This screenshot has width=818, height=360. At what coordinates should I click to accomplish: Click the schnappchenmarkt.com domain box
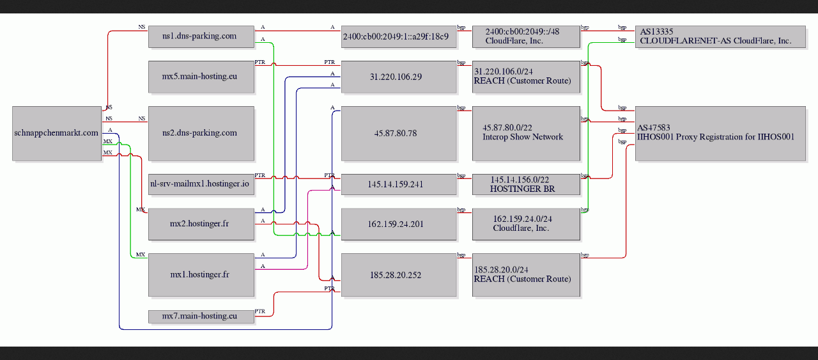[x=57, y=134]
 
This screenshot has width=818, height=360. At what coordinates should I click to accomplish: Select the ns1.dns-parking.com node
[x=201, y=36]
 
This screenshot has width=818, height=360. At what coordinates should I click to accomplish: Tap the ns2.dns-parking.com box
[x=201, y=134]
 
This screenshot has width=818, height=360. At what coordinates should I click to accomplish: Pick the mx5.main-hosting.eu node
[x=201, y=77]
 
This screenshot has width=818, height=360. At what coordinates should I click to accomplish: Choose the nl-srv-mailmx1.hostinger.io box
[x=201, y=184]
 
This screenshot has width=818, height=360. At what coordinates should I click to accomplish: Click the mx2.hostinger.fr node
[x=201, y=224]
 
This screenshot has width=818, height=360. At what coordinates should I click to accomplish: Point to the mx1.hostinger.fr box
[x=201, y=275]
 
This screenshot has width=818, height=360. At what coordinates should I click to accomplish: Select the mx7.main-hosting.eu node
[x=201, y=317]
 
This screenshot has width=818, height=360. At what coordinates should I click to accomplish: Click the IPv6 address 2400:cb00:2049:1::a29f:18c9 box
[x=399, y=36]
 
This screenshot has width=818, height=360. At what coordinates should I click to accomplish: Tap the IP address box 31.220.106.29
[x=399, y=77]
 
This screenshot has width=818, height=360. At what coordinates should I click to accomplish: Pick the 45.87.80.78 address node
[x=399, y=134]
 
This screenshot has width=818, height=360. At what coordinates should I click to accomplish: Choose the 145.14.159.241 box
[x=399, y=184]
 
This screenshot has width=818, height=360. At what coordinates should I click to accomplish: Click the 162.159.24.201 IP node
[x=399, y=224]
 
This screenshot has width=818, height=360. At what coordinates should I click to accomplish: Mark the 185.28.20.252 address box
[x=399, y=275]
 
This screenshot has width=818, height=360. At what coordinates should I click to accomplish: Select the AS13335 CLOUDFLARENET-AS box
[x=720, y=36]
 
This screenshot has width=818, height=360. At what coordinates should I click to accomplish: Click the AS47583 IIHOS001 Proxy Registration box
[x=720, y=134]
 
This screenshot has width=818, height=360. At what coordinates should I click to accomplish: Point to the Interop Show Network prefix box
[x=526, y=134]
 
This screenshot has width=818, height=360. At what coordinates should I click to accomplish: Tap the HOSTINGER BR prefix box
[x=526, y=184]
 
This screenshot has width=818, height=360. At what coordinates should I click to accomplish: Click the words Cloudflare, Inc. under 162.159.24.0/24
[x=521, y=228]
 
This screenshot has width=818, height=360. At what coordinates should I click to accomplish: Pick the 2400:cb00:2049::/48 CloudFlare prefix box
[x=526, y=36]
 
